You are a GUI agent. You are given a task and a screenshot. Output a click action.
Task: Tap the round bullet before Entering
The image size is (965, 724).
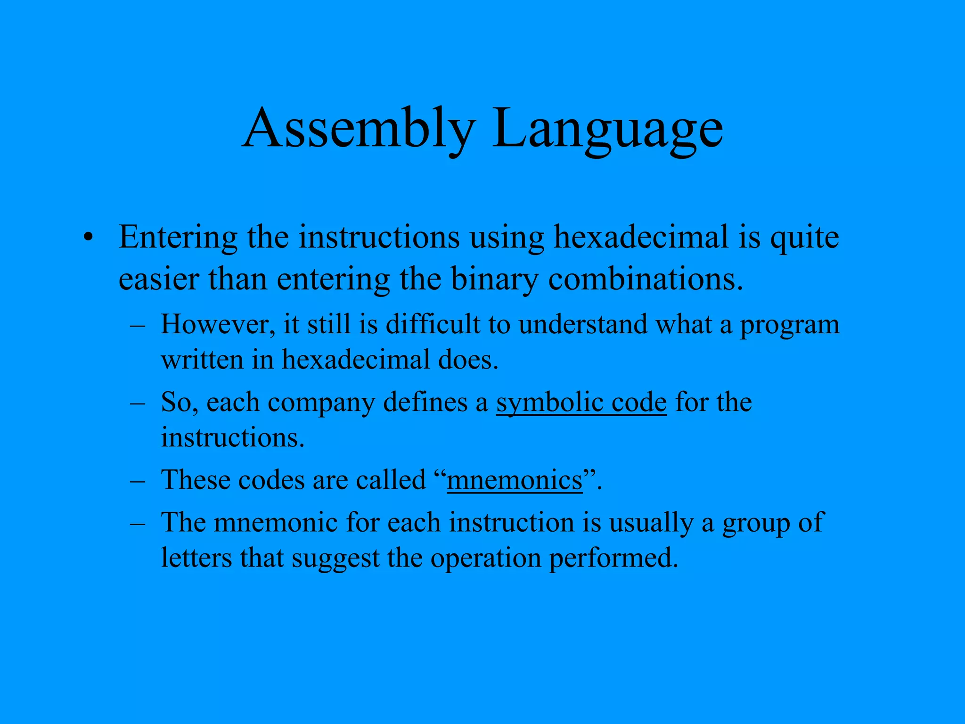pos(87,238)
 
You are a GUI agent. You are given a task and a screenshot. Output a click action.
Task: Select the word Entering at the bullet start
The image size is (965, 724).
pos(178,238)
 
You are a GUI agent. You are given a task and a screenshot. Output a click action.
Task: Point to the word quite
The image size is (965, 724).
pos(804,238)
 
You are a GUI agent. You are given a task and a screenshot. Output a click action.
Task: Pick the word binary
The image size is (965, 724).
pos(494,279)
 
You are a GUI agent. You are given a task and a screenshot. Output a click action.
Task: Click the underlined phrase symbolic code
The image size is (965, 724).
pos(581,403)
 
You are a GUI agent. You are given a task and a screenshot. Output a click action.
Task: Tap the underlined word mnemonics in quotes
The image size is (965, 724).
pos(515,480)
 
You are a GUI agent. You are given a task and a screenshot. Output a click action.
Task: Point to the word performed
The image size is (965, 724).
pos(613,559)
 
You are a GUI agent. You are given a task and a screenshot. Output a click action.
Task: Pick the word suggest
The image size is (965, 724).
pos(335,559)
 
